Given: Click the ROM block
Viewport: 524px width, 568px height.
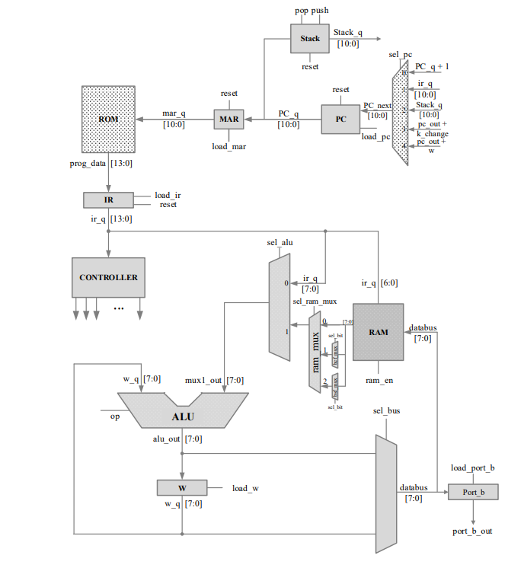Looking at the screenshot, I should tap(109, 120).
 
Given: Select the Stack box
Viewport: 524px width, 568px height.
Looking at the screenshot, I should tap(310, 38).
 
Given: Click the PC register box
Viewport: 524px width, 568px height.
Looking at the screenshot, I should tap(340, 120).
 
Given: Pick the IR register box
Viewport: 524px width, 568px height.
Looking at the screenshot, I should tap(107, 199).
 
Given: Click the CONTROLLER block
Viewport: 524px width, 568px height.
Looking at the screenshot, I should tap(108, 277).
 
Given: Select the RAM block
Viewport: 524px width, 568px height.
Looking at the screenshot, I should tap(378, 332).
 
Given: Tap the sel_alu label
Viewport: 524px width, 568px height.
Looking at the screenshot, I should tap(280, 243).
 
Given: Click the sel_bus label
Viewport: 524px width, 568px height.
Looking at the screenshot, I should tap(387, 411).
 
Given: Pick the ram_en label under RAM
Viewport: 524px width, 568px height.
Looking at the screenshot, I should tap(378, 378).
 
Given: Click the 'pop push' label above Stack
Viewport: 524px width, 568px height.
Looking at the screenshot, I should tap(310, 10).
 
